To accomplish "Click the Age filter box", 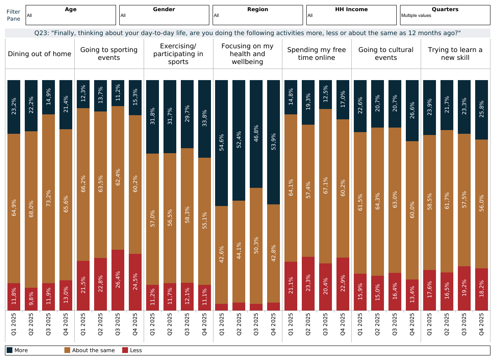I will click(71, 15).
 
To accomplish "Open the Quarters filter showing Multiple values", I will click(445, 15).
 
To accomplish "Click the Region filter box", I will click(258, 15).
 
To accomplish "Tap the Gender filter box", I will click(164, 15).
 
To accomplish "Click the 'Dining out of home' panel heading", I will click(40, 54).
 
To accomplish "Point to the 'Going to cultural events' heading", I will click(386, 54).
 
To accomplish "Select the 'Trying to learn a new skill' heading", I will click(455, 54).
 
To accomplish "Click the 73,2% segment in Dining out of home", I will click(49, 199).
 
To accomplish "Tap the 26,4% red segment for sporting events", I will click(118, 280).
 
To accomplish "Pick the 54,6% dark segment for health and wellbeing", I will click(222, 143).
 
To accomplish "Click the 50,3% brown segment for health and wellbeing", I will click(256, 246).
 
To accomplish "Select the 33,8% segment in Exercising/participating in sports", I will click(205, 119).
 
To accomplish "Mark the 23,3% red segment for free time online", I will click(308, 283).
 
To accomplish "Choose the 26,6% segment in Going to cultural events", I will click(412, 111).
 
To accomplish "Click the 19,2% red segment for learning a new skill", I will click(464, 288).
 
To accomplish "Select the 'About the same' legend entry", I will click(90, 351).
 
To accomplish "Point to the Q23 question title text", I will click(247, 33).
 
